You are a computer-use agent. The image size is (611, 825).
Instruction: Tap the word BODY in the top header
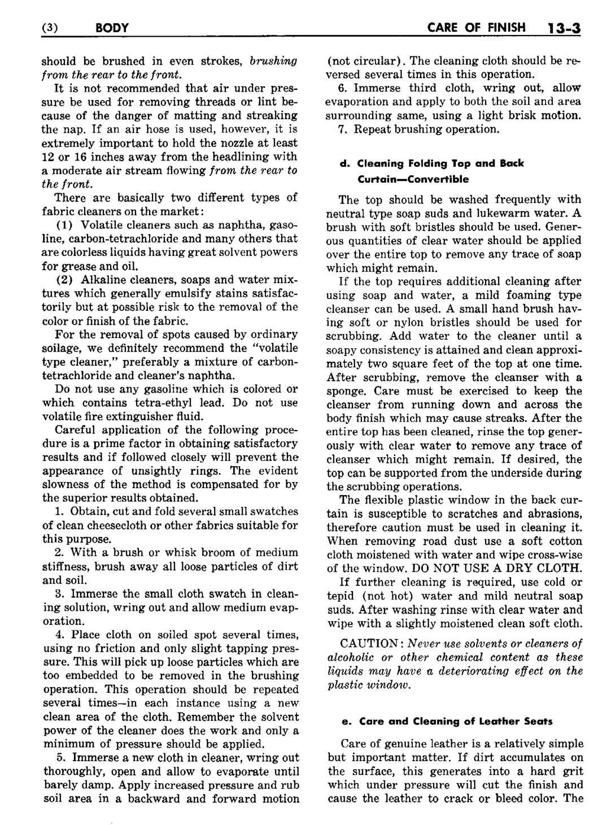(x=112, y=27)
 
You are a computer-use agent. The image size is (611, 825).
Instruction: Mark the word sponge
(x=343, y=391)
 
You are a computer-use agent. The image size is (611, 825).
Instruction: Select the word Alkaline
(x=104, y=280)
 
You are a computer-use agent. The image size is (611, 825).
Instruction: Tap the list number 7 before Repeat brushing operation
(x=342, y=129)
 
